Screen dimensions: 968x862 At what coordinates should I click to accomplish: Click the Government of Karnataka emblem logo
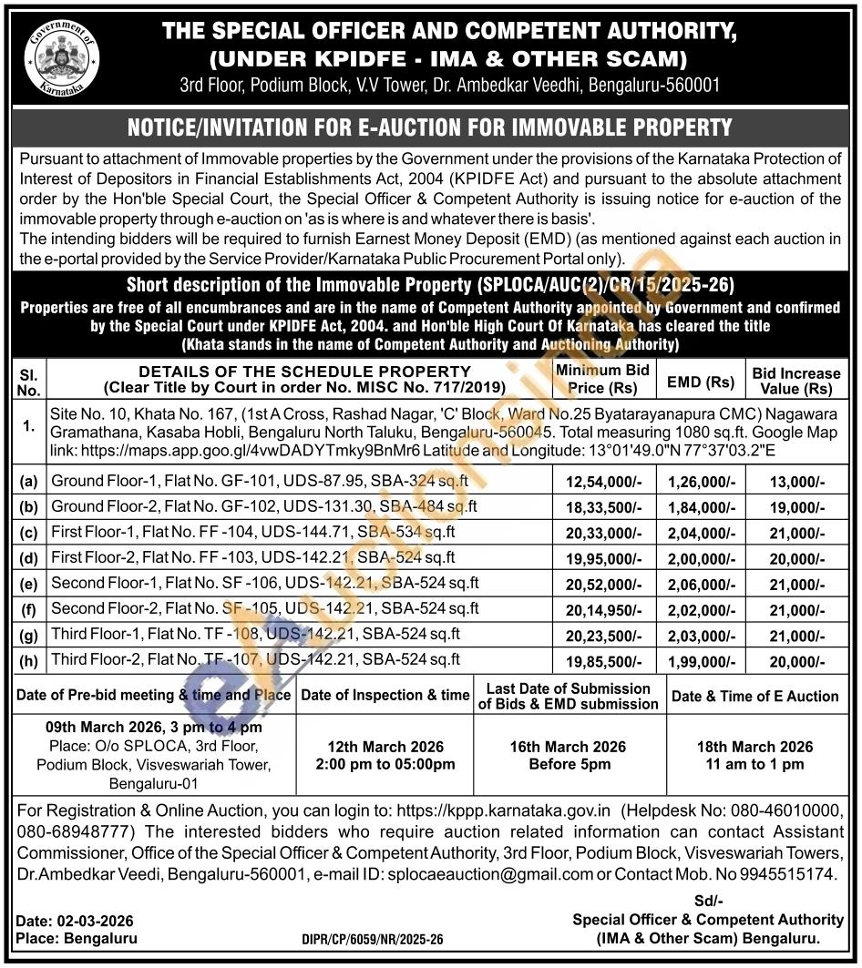pos(62,56)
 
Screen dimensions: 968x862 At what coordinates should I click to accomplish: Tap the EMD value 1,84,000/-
pos(703,507)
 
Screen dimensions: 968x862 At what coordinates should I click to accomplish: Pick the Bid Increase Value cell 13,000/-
pos(795,482)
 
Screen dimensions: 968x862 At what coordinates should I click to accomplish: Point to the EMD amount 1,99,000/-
pos(703,660)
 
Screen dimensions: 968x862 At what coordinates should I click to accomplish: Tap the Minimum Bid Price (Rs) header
pos(602,378)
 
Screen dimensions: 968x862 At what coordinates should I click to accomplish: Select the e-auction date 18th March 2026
pos(754,747)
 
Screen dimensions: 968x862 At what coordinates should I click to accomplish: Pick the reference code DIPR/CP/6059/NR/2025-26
pos(373,940)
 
